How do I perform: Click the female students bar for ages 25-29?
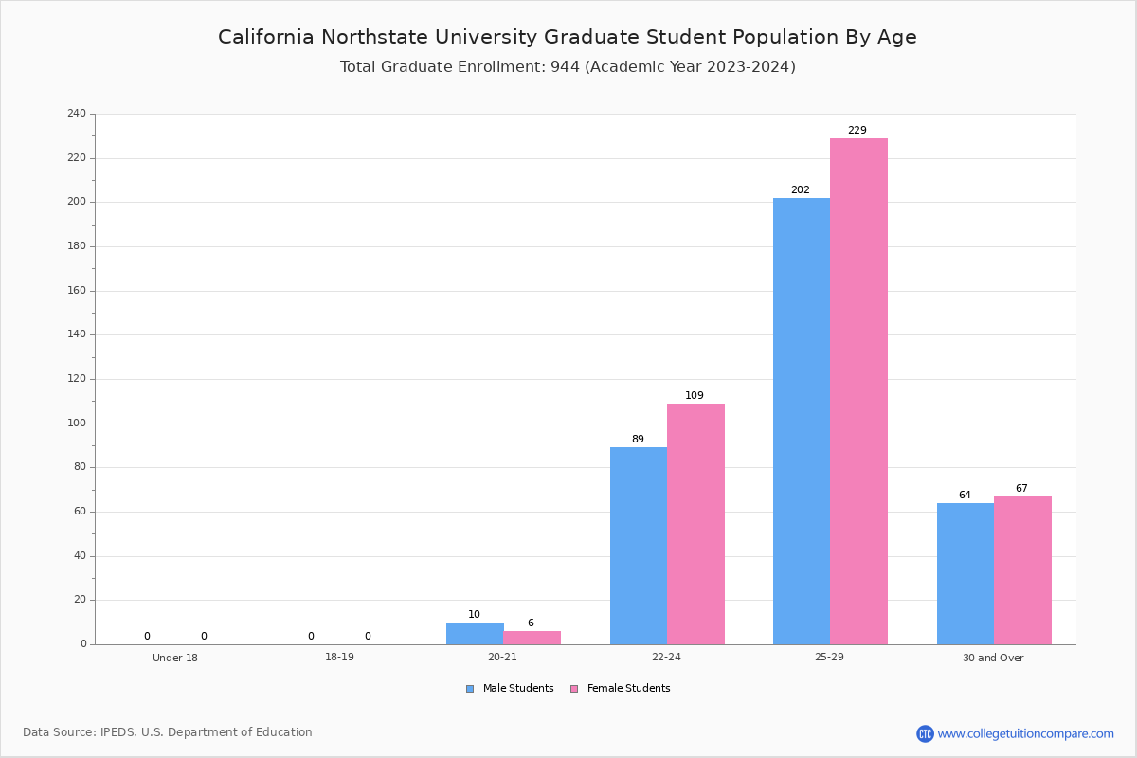(x=858, y=391)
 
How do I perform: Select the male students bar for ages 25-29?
(x=802, y=422)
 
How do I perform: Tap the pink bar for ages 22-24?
(x=695, y=524)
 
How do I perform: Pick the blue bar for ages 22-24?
(x=639, y=546)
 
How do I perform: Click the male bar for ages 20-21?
(x=475, y=634)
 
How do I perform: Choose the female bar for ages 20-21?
(x=532, y=638)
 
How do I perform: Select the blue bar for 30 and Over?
(x=966, y=573)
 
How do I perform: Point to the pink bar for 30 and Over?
(x=1022, y=570)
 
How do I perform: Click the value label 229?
(x=857, y=130)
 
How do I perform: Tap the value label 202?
(x=801, y=189)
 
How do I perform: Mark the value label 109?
(x=695, y=395)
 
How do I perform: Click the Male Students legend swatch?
(x=470, y=689)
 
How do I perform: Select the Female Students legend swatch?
(x=574, y=689)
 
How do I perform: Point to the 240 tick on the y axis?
(x=77, y=113)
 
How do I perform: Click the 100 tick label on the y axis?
(x=77, y=423)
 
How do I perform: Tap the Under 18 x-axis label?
(x=175, y=658)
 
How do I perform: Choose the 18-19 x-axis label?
(x=339, y=657)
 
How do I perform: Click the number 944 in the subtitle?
(x=565, y=67)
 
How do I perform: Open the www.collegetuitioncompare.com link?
(x=1025, y=733)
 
